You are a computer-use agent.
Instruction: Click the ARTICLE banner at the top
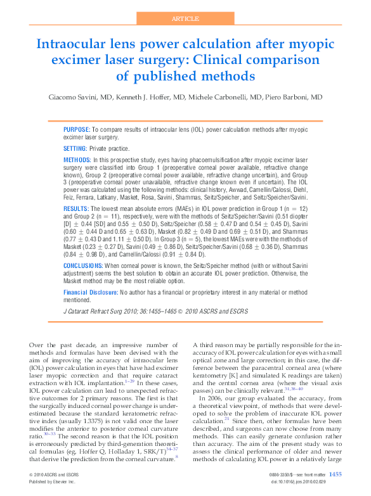click(x=185, y=20)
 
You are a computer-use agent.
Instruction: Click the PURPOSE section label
click(x=77, y=129)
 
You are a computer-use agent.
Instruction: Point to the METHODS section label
click(x=77, y=159)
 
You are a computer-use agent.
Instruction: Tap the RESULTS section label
click(x=76, y=208)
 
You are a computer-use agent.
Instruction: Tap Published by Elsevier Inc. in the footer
click(x=52, y=482)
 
